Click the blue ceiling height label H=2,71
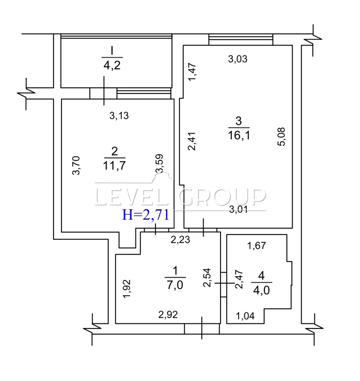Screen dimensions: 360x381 (x=146, y=215)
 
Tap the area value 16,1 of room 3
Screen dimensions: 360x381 (x=239, y=136)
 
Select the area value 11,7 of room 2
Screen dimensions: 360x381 (x=114, y=165)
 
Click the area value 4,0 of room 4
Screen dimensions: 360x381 (x=261, y=291)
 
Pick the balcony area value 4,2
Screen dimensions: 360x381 (x=112, y=66)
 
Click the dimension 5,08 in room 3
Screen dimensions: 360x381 (x=282, y=137)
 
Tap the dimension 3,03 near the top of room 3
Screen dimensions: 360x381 (x=238, y=59)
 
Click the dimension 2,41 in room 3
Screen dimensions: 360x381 (x=191, y=141)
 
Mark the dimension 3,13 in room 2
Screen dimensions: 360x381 (x=119, y=116)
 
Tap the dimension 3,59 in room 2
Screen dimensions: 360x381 (x=159, y=164)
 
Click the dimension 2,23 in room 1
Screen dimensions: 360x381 (x=180, y=240)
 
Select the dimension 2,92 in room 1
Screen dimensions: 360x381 (x=168, y=315)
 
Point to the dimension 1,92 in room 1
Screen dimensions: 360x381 (x=127, y=289)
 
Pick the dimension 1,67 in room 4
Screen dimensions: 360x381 (x=257, y=245)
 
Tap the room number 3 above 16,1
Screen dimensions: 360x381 (x=238, y=121)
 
